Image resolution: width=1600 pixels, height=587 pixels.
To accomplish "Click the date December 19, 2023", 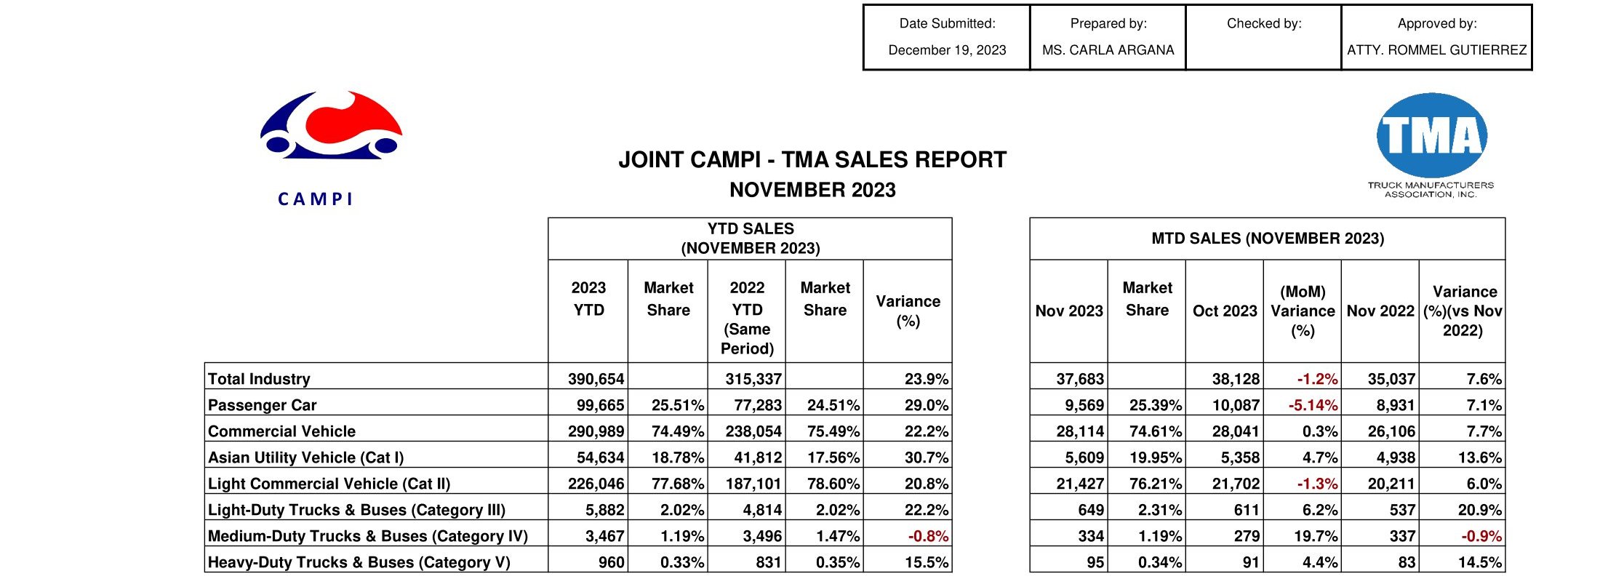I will (x=947, y=50).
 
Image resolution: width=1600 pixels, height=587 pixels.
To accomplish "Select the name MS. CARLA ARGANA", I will (x=1108, y=50).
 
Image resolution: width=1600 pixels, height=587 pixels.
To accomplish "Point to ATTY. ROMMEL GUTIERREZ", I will (x=1436, y=50).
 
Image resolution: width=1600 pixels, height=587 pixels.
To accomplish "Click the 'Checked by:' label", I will (x=1264, y=23).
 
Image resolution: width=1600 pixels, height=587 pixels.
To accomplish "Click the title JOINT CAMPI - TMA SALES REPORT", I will (x=812, y=160).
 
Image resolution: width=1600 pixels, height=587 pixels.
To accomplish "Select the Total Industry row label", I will (x=259, y=379).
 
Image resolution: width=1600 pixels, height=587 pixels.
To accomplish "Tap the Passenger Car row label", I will (x=262, y=405).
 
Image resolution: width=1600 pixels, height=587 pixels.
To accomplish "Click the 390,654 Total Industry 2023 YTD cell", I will (x=596, y=379).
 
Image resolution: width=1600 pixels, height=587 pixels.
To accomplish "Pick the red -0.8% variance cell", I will (x=928, y=536).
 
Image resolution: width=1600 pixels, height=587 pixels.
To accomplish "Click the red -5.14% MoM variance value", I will (x=1313, y=405).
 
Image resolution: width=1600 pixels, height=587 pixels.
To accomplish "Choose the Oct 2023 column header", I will (x=1225, y=311).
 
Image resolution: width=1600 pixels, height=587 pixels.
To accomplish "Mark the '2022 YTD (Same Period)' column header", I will (x=747, y=318).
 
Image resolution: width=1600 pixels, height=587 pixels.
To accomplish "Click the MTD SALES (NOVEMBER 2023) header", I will (x=1267, y=239).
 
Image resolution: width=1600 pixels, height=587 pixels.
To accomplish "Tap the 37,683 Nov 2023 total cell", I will (x=1079, y=379).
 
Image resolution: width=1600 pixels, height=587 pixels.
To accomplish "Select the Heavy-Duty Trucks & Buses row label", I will (x=359, y=562).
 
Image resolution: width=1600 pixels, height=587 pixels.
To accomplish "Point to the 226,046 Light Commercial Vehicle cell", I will (x=596, y=484).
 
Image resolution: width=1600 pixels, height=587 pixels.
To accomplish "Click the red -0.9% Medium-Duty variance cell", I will (x=1481, y=536).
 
